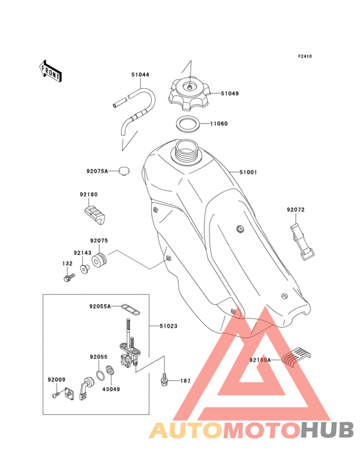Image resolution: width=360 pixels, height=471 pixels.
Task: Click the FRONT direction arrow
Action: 50,71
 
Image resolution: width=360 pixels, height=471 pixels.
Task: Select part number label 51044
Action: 140,75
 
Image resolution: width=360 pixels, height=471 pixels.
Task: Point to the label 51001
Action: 248,172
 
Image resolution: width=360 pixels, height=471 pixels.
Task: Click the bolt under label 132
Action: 69,277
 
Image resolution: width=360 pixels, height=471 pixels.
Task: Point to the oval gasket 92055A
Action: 130,309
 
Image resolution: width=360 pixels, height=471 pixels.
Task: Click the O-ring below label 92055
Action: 100,374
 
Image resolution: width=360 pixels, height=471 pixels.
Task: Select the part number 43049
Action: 111,389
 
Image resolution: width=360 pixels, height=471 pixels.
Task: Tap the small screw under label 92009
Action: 55,394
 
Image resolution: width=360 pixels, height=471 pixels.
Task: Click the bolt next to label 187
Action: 163,380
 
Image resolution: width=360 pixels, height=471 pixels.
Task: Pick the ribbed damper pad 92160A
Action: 296,357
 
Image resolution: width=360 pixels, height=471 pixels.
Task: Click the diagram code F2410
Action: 305,56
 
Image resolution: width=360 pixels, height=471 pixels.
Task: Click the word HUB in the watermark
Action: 328,430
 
